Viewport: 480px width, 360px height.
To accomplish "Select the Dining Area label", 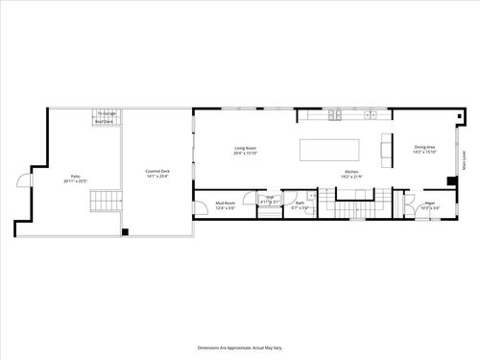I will [424, 147].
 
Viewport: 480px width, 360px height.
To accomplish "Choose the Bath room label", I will [300, 202].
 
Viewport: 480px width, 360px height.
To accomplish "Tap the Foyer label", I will [430, 202].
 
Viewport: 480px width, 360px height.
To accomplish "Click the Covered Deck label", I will [157, 171].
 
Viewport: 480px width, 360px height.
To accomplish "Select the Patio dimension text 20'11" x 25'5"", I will [76, 180].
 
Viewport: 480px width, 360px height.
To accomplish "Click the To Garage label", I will [105, 113].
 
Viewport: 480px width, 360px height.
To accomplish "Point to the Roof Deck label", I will [105, 122].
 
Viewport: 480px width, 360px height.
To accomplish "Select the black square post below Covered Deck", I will [125, 231].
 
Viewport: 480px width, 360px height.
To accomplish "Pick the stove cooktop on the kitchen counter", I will [335, 115].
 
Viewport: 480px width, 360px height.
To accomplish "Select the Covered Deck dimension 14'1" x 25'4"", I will [157, 177].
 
